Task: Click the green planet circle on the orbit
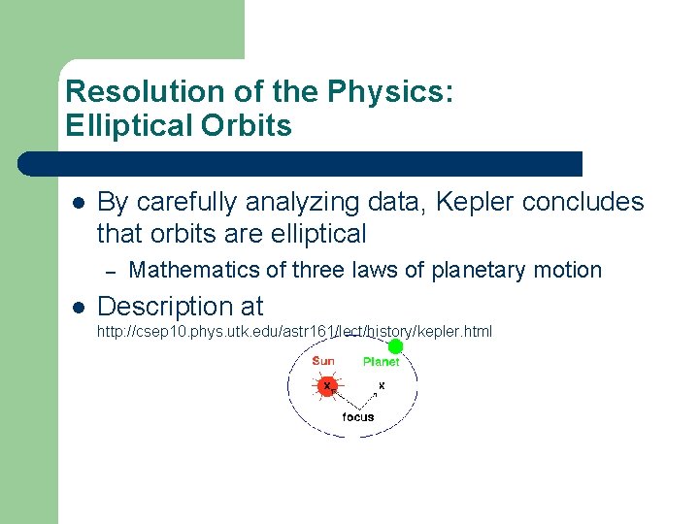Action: tap(395, 346)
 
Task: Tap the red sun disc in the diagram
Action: tap(328, 386)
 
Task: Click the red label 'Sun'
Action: tap(323, 361)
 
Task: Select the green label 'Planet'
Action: tap(381, 362)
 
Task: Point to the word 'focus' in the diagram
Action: tap(358, 417)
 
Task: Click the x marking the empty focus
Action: tap(382, 385)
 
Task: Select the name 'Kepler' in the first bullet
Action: tap(475, 202)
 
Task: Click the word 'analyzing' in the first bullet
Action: tap(303, 202)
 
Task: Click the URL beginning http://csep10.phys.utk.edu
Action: tap(294, 332)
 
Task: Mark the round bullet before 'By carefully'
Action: tap(78, 203)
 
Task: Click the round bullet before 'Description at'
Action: tap(78, 308)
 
